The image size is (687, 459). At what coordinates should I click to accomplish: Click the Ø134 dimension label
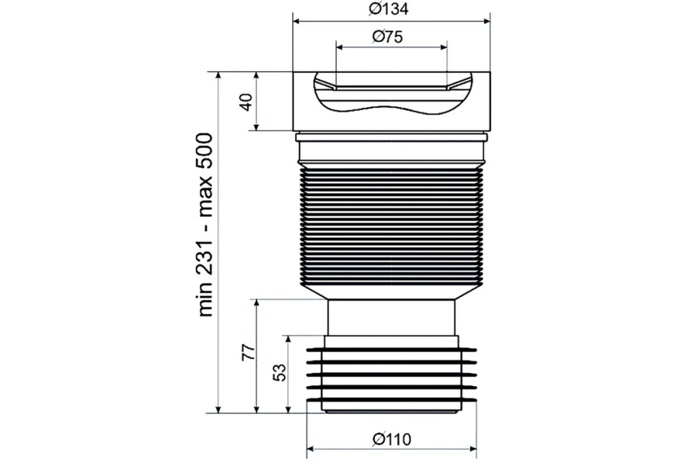click(x=389, y=9)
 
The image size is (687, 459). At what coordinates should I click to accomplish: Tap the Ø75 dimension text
click(x=387, y=36)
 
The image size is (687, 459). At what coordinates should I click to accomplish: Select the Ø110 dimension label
click(x=392, y=439)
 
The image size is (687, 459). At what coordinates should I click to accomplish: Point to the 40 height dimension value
click(x=247, y=102)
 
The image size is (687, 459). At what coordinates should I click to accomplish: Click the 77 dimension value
click(x=248, y=352)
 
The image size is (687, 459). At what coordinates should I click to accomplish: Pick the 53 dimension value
click(x=280, y=372)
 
